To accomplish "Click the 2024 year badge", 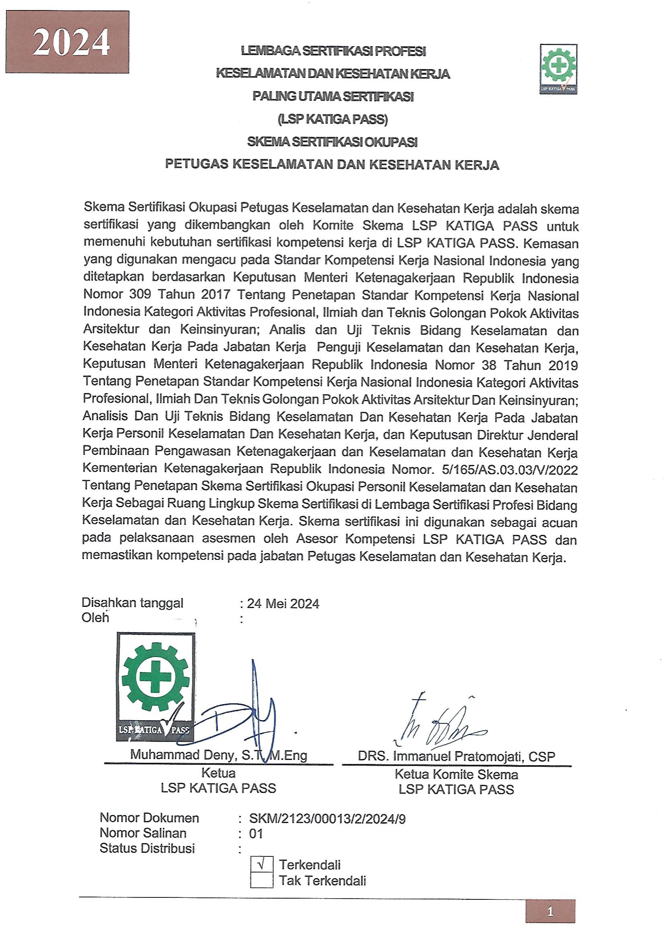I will pos(67,42).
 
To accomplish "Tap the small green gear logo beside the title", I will pos(558,69).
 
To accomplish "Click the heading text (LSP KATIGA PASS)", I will pos(332,119).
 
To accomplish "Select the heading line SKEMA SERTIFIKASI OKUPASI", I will pos(332,142).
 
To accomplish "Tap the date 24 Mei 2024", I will pos(283,604).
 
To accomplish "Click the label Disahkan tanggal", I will pos(132,603).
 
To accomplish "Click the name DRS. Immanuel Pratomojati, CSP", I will pos(456,756).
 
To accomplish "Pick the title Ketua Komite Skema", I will pos(456,774).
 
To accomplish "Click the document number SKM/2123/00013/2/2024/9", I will pos(327,819).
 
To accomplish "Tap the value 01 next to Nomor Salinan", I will pos(256,834).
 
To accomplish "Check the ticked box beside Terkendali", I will pos(262,864).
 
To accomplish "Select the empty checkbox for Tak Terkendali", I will pos(262,880).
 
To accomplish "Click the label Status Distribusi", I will pos(147,848).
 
